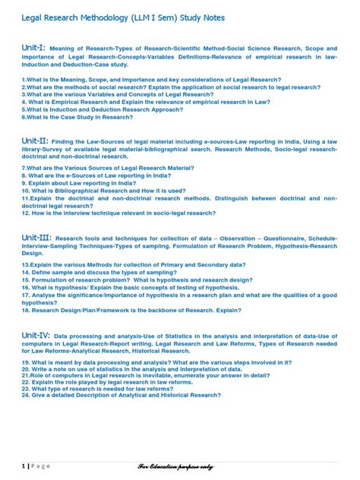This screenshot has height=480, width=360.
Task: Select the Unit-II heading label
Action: [36, 141]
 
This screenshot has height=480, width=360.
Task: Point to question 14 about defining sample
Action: [112, 272]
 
